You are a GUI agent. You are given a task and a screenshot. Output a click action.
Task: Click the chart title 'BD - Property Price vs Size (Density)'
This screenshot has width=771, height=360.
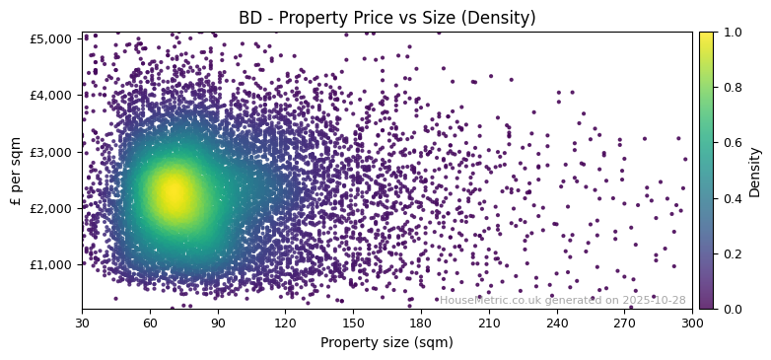tap(386, 18)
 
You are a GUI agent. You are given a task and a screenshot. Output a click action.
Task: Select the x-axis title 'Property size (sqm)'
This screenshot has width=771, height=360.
tap(386, 343)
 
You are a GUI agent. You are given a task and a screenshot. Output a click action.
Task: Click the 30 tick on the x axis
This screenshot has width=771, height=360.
tap(82, 323)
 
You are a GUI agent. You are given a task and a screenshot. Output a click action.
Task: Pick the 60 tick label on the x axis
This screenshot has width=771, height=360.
tap(150, 323)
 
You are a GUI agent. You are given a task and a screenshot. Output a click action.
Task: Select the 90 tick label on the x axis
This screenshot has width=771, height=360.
tap(218, 323)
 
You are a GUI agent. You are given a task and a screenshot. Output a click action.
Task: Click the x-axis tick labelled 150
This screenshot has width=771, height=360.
tap(353, 323)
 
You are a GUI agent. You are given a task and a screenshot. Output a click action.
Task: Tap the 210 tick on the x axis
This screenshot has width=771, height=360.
tap(489, 323)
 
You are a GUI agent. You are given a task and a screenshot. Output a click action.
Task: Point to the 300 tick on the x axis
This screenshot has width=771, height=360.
tap(692, 323)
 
